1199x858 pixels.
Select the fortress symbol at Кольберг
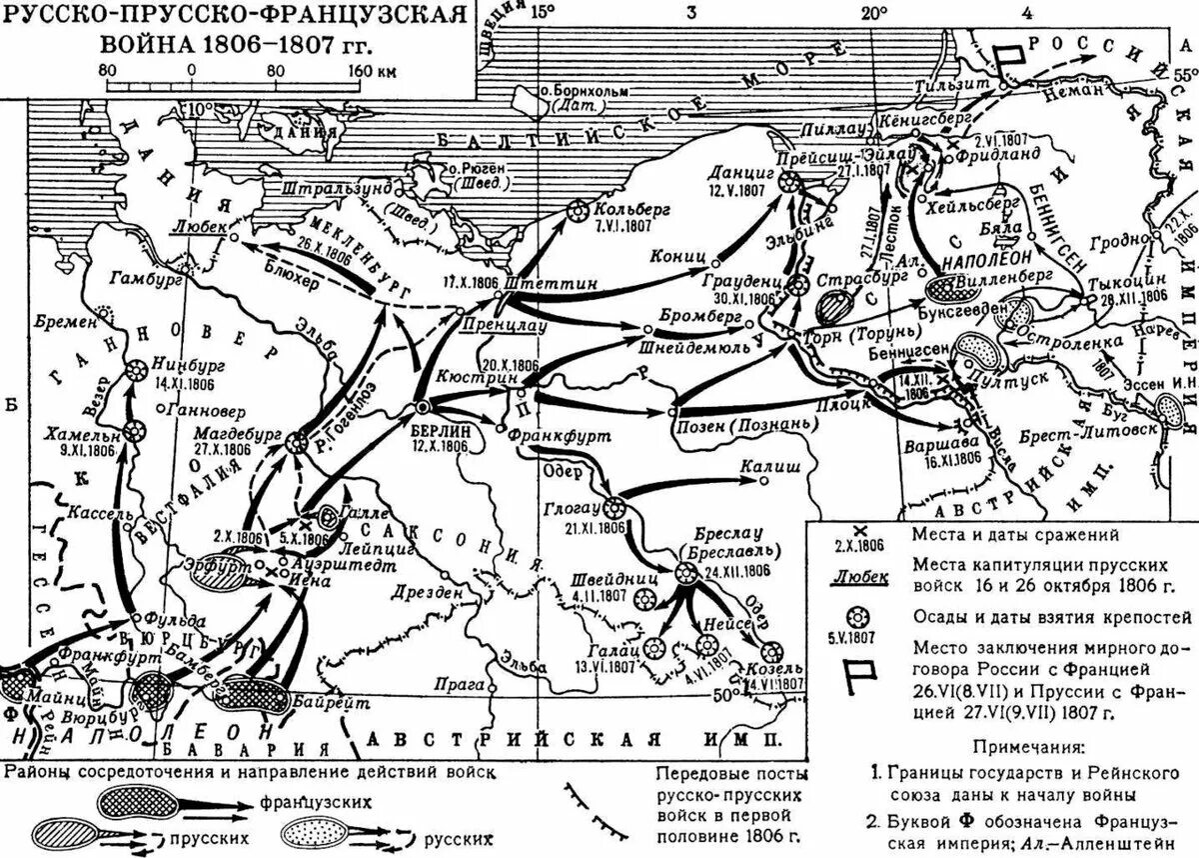pos(577,211)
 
